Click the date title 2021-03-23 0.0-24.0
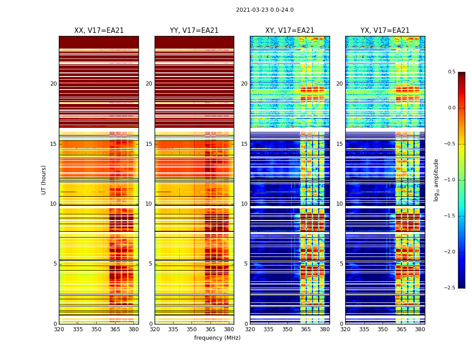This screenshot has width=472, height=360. tap(264, 10)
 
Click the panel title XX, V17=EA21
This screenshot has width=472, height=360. tap(99, 31)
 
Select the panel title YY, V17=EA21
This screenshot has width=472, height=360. tap(194, 31)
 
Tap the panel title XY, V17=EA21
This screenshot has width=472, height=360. tap(289, 31)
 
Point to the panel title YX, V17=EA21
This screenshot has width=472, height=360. tap(385, 31)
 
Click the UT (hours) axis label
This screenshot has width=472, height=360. tap(44, 180)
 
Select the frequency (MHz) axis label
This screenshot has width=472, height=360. tap(217, 338)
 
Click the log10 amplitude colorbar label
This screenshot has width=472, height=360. tap(436, 180)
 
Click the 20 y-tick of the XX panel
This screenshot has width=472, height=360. tap(53, 84)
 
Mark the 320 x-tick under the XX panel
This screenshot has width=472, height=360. tap(59, 329)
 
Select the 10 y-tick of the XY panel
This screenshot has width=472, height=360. tap(244, 204)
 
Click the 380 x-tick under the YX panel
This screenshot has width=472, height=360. tap(420, 329)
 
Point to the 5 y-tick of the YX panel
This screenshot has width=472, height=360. tap(341, 264)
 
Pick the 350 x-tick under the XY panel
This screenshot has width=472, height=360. tap(287, 329)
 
